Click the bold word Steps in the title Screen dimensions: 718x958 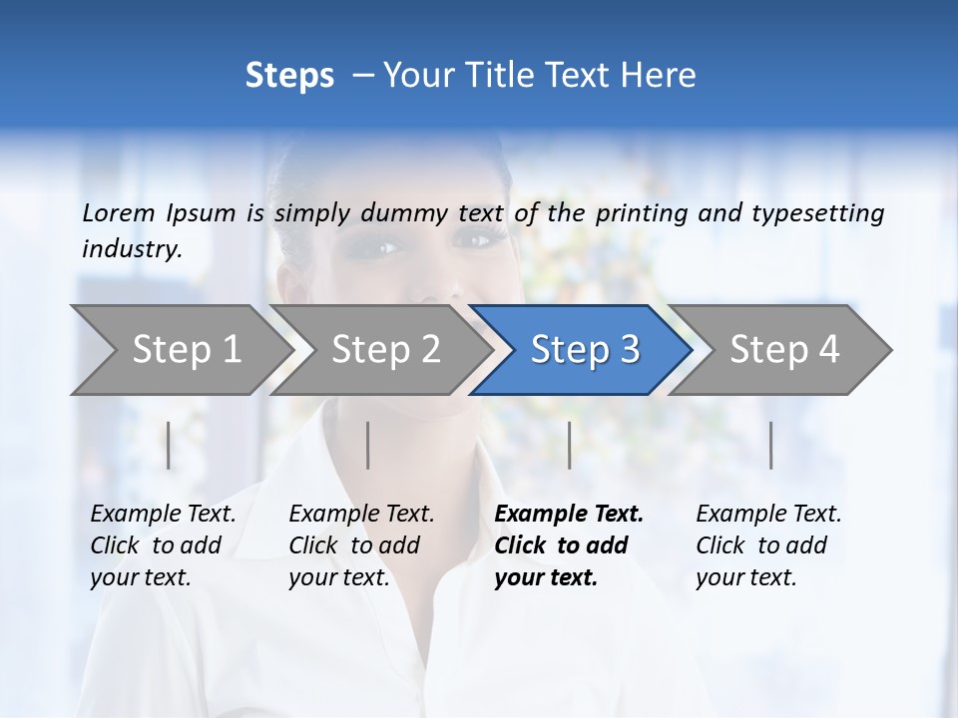tap(289, 76)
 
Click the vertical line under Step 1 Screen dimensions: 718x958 tap(169, 445)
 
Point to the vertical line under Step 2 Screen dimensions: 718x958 tap(368, 445)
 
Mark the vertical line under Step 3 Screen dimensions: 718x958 tap(570, 445)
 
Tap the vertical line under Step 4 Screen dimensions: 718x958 tap(771, 445)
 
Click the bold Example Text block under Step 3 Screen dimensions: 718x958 tap(569, 545)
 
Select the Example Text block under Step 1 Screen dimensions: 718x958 tap(163, 545)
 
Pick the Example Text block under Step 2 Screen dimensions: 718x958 tap(361, 545)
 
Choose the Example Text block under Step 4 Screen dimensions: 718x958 tap(768, 545)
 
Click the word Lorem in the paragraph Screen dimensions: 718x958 tap(119, 212)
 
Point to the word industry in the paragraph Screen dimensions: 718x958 tap(132, 249)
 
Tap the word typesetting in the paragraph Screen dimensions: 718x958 tap(818, 212)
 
